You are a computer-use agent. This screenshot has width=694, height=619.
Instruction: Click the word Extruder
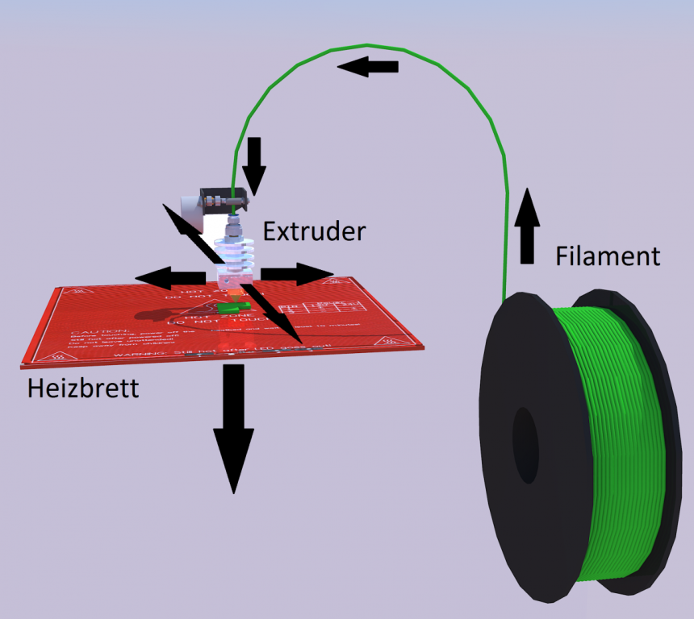[x=315, y=232]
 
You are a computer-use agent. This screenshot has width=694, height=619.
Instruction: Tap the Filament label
[x=608, y=256]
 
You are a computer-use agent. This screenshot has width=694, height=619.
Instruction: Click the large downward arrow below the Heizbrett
[x=233, y=427]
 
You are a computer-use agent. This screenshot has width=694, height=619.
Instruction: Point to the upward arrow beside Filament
[x=527, y=226]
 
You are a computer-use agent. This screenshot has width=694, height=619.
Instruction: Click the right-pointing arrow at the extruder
[x=295, y=274]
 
